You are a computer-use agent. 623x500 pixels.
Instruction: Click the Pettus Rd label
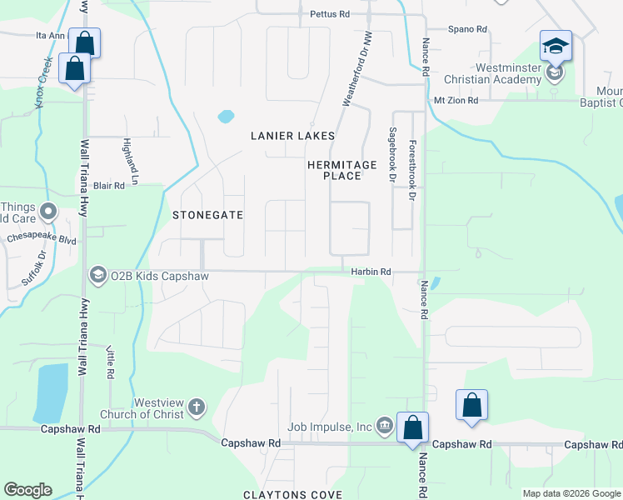[329, 14]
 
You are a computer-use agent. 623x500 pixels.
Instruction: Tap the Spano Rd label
[467, 29]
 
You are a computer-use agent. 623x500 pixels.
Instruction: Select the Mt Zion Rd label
[456, 100]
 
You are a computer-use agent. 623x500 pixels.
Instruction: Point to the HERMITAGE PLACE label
[341, 170]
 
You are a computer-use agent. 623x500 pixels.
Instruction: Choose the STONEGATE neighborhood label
[207, 215]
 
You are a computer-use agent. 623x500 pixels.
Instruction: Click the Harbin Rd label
[371, 272]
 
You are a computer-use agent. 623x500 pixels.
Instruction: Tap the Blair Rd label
[108, 186]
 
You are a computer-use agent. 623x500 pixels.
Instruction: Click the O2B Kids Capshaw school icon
[97, 274]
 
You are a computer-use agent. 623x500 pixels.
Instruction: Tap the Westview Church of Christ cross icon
[196, 407]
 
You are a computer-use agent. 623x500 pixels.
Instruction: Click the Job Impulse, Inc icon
[384, 427]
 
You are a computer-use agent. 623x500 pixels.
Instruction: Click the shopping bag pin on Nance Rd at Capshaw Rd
[412, 427]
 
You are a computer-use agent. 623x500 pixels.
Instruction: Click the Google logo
[27, 490]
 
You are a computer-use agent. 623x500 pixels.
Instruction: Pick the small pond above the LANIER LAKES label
[226, 117]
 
